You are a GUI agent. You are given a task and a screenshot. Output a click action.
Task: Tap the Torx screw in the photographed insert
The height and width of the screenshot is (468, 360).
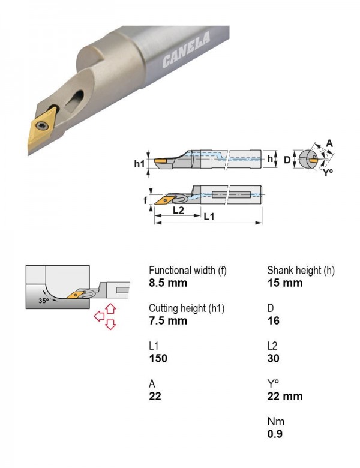(x=42, y=125)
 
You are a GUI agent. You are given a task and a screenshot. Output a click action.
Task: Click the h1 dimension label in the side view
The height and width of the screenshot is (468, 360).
(x=139, y=164)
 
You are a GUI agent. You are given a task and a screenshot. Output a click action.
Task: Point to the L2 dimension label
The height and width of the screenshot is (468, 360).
(x=178, y=210)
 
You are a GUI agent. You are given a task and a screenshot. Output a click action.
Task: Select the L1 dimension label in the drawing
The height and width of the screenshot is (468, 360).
(x=209, y=217)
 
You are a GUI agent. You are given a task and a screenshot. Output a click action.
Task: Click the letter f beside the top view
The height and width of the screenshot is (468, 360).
(x=145, y=200)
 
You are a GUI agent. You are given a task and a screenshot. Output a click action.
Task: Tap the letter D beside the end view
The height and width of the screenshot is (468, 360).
(x=287, y=160)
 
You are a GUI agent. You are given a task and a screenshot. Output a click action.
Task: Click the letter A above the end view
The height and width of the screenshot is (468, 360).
(x=329, y=143)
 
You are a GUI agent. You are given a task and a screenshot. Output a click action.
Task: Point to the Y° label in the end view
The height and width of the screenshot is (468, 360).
(x=328, y=173)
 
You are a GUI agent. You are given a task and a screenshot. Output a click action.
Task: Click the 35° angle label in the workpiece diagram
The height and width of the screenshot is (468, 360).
(x=44, y=301)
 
